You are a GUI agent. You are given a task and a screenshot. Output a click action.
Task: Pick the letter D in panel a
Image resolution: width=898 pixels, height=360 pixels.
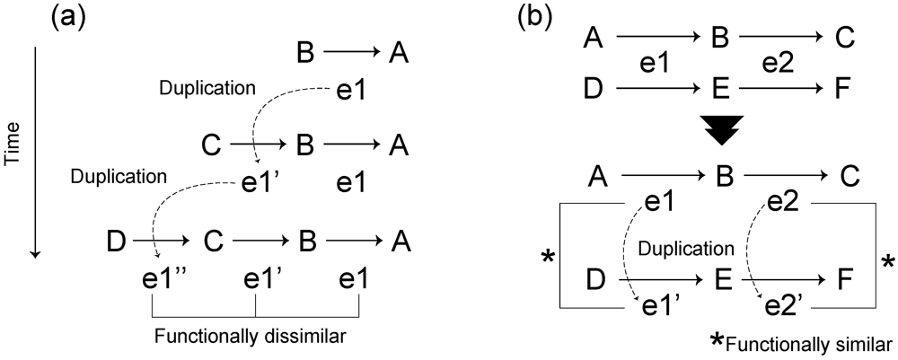pyautogui.click(x=116, y=242)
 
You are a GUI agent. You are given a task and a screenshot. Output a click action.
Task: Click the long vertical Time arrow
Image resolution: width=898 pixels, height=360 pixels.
pyautogui.click(x=34, y=153)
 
